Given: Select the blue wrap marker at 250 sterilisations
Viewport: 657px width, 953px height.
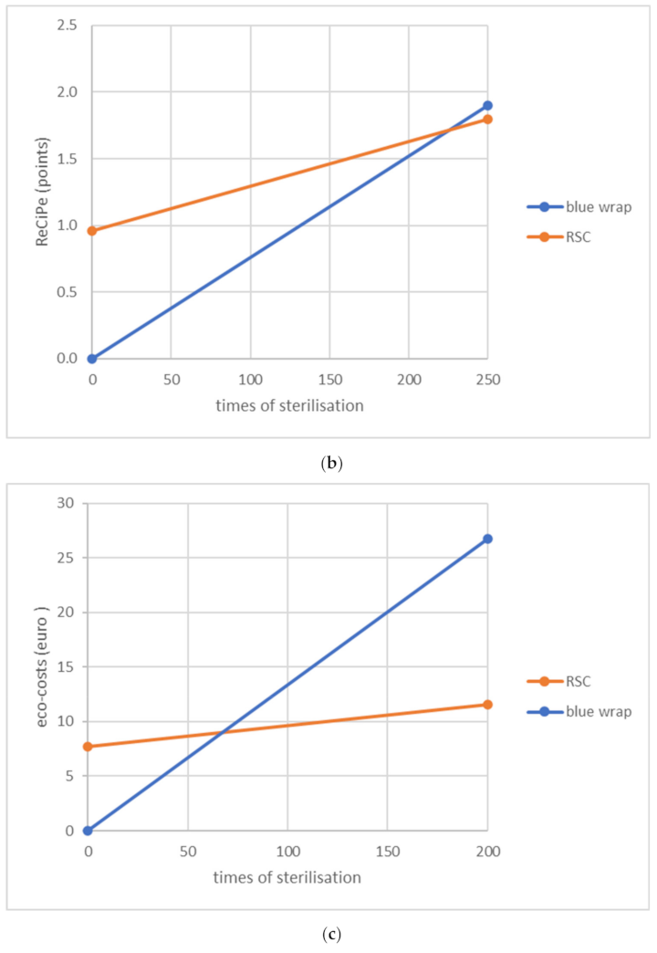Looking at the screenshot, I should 487,106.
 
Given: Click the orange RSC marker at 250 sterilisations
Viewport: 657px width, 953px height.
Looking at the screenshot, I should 487,120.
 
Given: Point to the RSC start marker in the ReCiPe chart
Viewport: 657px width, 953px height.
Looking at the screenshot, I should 92,231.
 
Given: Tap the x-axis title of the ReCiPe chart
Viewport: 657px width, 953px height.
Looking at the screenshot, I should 289,406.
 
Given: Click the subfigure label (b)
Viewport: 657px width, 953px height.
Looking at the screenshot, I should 328,464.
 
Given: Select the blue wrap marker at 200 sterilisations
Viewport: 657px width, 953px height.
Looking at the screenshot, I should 487,539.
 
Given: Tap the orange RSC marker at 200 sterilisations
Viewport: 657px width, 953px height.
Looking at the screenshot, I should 487,705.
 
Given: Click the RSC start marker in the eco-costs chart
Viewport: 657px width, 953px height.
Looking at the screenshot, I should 89,747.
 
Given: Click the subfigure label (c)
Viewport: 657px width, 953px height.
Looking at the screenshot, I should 328,934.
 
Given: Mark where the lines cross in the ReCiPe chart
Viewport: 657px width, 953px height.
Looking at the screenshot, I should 449,129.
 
